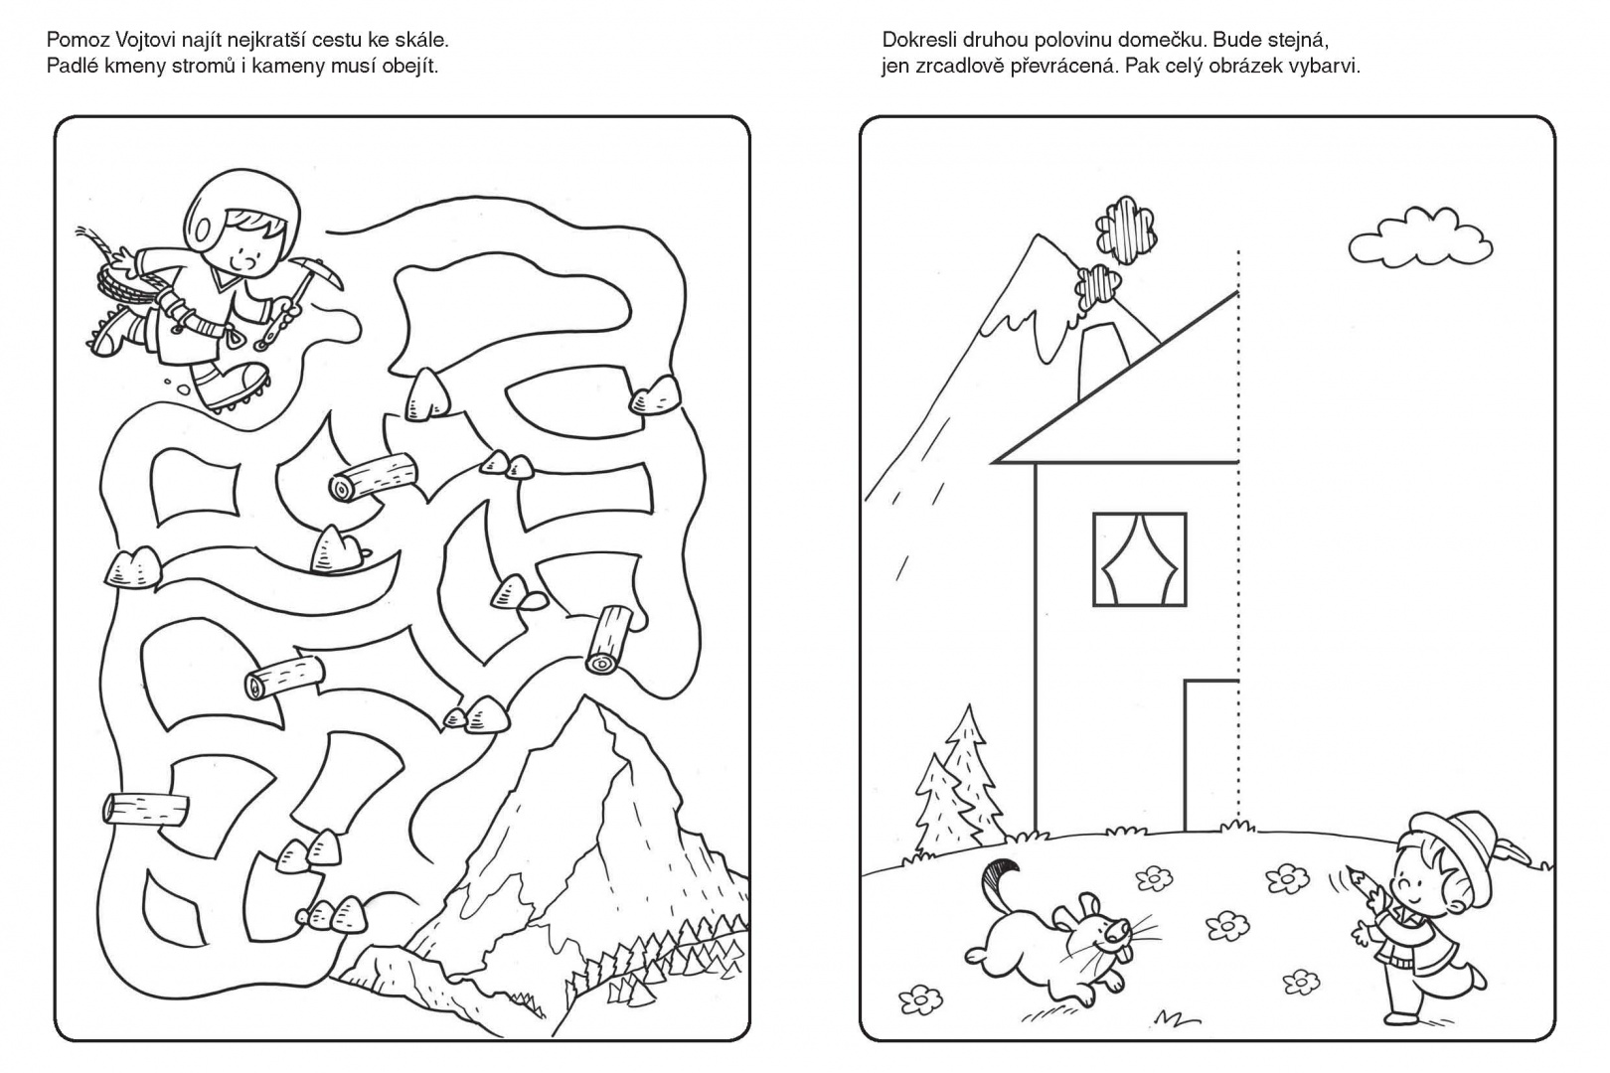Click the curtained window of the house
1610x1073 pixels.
1139,559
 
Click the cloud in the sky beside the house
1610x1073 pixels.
1419,237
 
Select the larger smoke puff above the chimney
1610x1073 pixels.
1126,230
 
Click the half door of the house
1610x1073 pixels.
1211,754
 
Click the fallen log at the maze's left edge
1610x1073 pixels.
147,808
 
